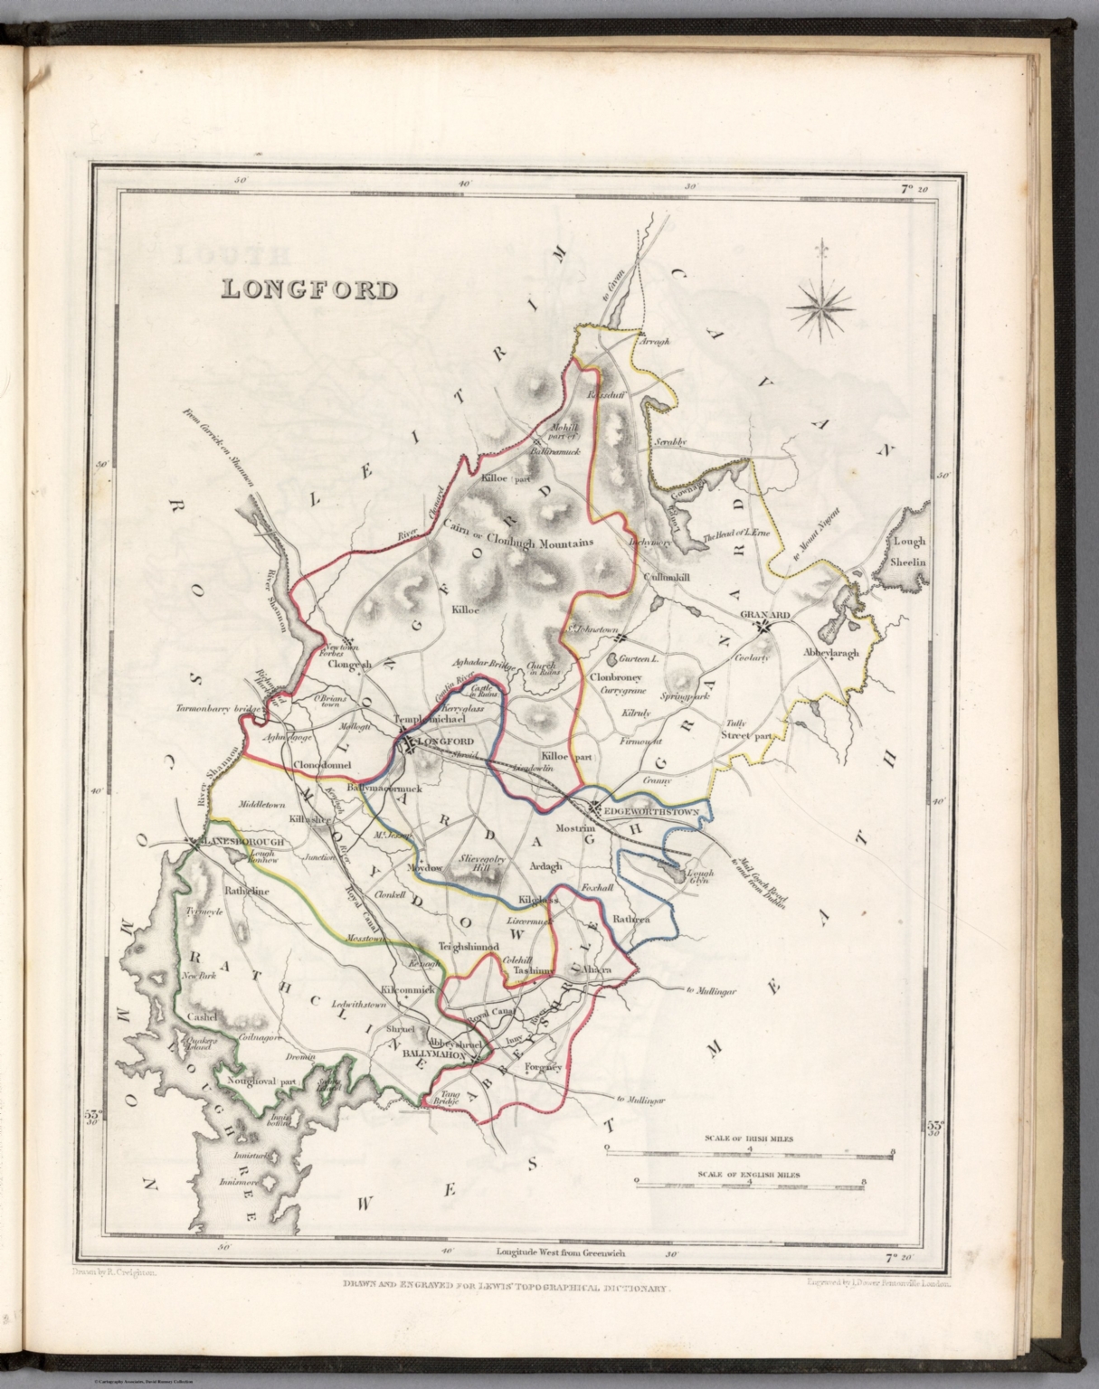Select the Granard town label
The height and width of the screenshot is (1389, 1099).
[x=764, y=614]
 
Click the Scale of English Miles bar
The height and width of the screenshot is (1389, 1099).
[x=750, y=1182]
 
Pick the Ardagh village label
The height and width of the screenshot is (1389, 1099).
[x=545, y=865]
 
